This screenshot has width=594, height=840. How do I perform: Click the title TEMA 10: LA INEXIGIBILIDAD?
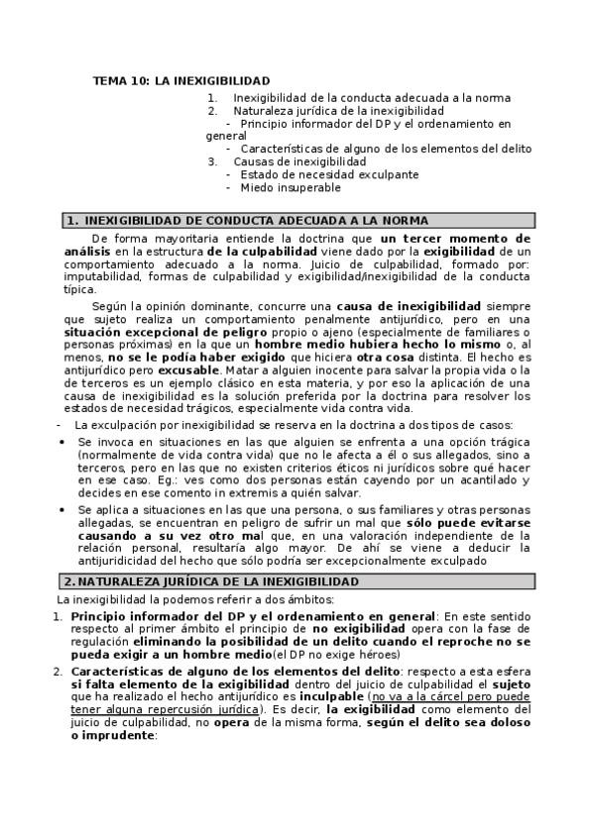point(180,80)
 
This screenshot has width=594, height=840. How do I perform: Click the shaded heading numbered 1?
point(246,220)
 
